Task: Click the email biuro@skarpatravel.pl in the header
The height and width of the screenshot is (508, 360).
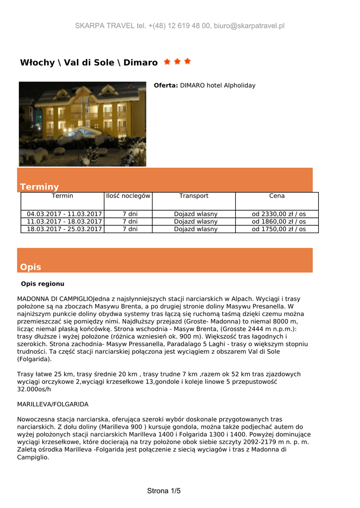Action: click(x=249, y=26)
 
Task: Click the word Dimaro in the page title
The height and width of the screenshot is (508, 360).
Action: click(x=141, y=63)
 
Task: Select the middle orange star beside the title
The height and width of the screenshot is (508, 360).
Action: click(x=177, y=62)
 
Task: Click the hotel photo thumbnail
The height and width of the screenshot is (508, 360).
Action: click(x=82, y=124)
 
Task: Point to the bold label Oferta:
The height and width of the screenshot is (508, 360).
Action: click(x=165, y=85)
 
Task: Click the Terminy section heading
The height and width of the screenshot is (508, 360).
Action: click(x=39, y=187)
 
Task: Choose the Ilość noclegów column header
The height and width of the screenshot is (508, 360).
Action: click(x=128, y=196)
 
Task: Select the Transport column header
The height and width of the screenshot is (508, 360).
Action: click(x=194, y=196)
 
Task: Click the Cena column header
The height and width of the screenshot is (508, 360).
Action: click(x=277, y=196)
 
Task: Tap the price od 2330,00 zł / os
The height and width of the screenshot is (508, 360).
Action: click(x=279, y=214)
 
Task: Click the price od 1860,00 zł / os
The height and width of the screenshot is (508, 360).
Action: click(x=279, y=222)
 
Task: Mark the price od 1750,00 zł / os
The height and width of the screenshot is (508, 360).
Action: click(x=279, y=229)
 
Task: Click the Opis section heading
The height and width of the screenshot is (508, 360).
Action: click(x=30, y=267)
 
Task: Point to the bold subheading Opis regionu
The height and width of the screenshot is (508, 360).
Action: click(x=43, y=284)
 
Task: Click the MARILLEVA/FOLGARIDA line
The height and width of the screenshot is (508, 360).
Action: click(x=53, y=404)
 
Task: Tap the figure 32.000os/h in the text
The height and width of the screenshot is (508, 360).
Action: click(x=34, y=389)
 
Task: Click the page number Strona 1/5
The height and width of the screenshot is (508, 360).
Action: click(x=164, y=491)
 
